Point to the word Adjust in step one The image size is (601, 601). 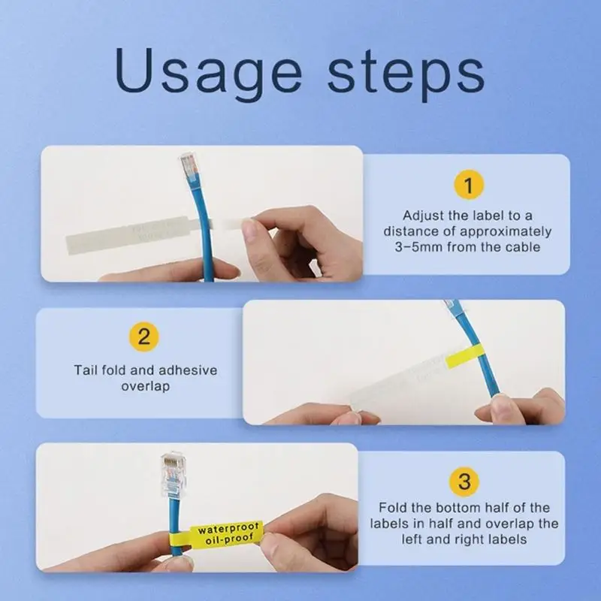422,215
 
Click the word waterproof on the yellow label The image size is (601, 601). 229,529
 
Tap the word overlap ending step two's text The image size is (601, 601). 146,386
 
